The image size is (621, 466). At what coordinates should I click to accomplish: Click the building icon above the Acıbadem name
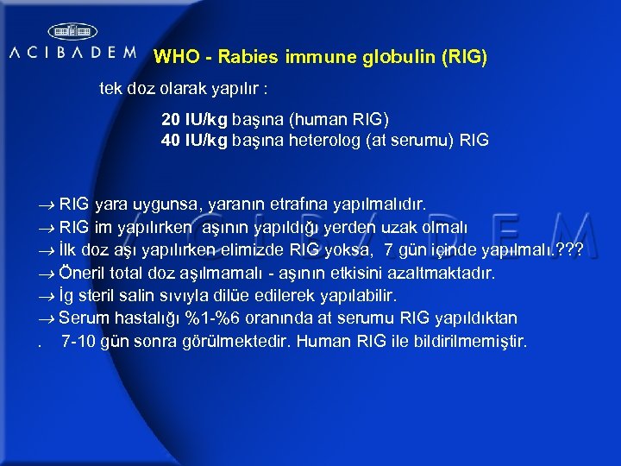(72, 31)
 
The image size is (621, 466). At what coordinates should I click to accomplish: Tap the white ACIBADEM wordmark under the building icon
(72, 53)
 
